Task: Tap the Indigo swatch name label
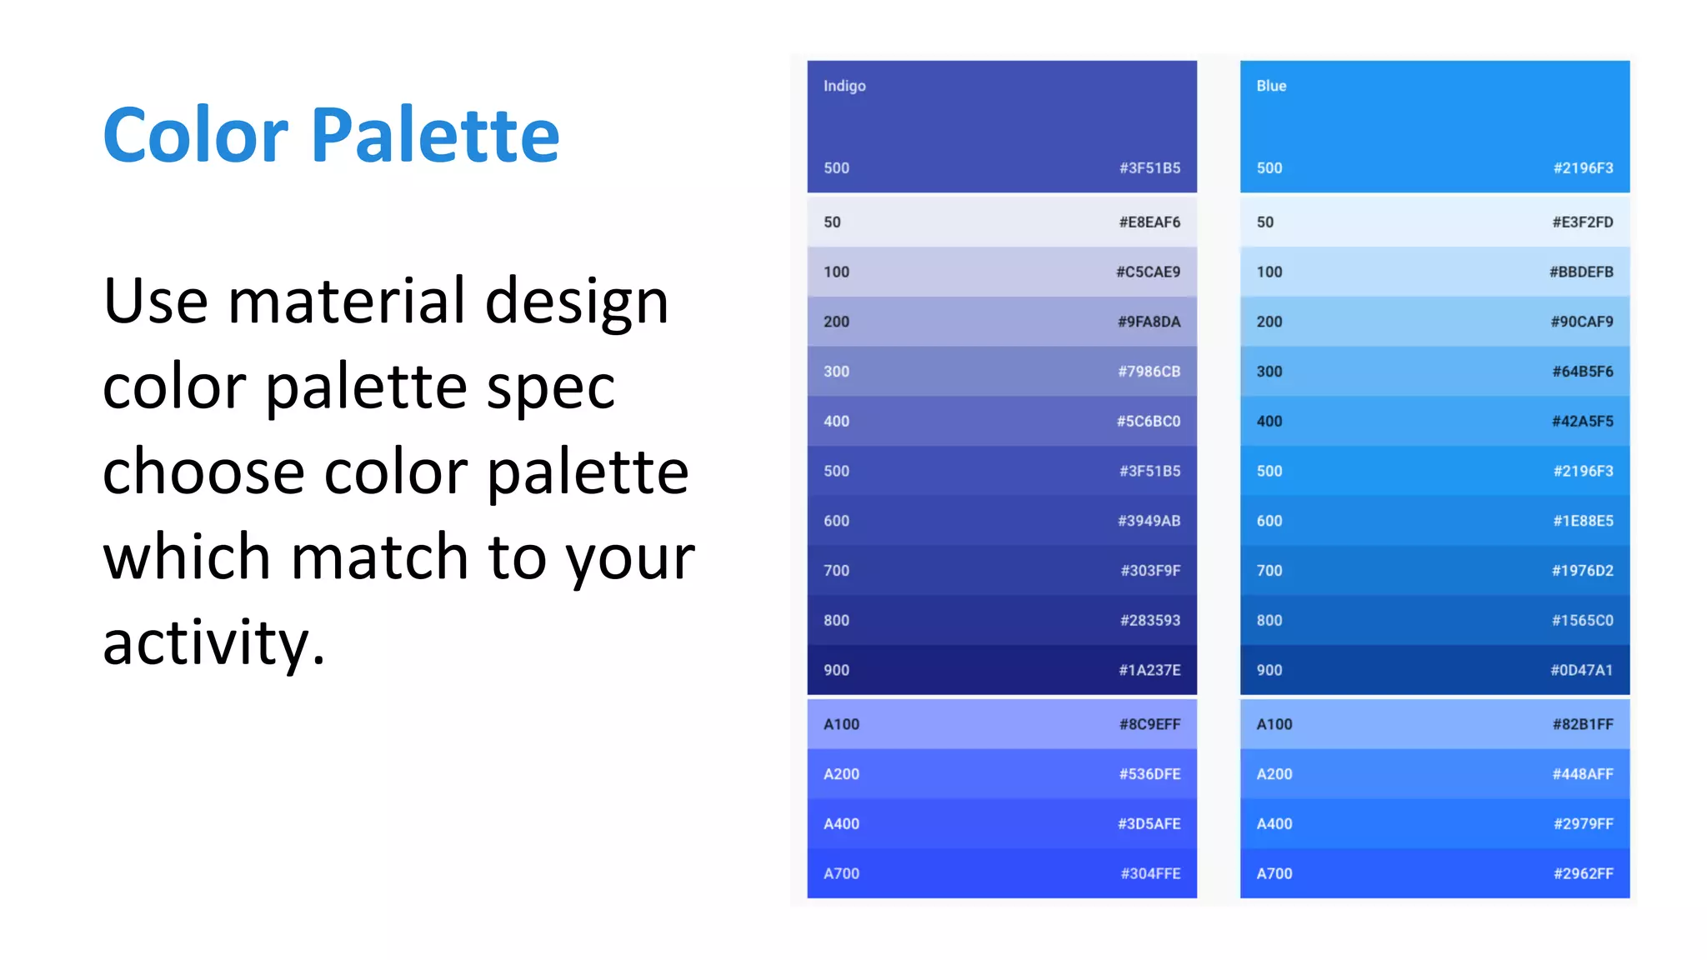[844, 86]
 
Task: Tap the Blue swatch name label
[1271, 86]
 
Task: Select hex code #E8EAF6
[1149, 222]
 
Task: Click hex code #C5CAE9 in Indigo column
[1148, 272]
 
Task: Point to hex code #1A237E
[1149, 671]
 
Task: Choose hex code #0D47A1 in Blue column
[1581, 671]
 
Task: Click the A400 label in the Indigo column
[841, 824]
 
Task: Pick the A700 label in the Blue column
[1274, 874]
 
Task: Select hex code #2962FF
[1583, 874]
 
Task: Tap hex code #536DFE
[1149, 774]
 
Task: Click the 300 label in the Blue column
[1269, 372]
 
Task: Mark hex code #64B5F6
[1582, 372]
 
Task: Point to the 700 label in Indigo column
[836, 571]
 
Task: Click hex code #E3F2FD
[1582, 222]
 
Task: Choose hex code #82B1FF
[1582, 725]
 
